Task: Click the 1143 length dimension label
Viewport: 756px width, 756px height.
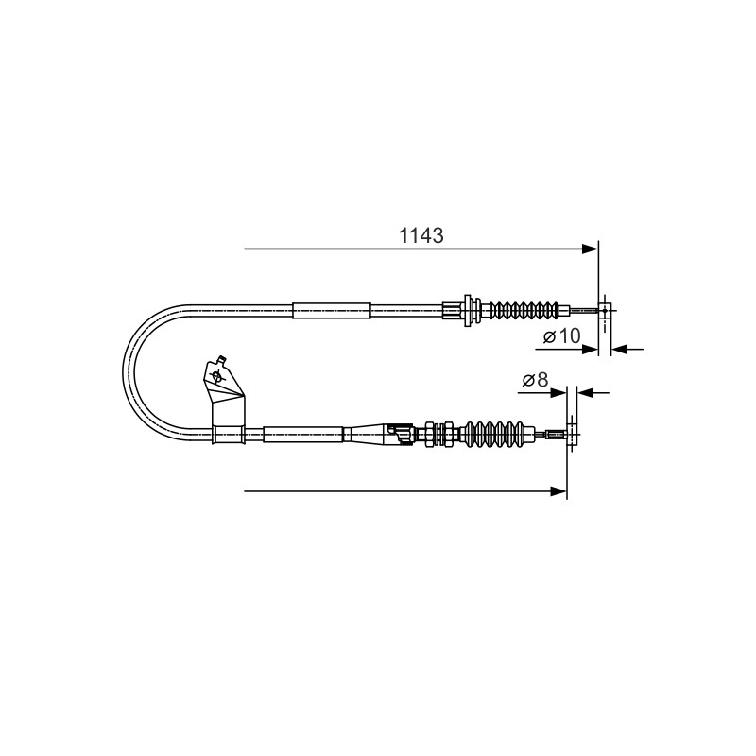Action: [421, 235]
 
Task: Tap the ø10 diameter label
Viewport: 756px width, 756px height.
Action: [561, 335]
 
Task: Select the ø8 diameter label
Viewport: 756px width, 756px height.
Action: [535, 380]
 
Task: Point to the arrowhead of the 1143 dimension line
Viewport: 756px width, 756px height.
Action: [590, 249]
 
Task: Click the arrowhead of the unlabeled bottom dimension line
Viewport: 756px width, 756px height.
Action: [558, 491]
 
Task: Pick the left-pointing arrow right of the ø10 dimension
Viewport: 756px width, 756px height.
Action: [627, 349]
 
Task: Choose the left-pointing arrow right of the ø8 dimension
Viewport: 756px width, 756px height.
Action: [593, 393]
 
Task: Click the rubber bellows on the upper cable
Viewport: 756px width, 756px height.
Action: [524, 310]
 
